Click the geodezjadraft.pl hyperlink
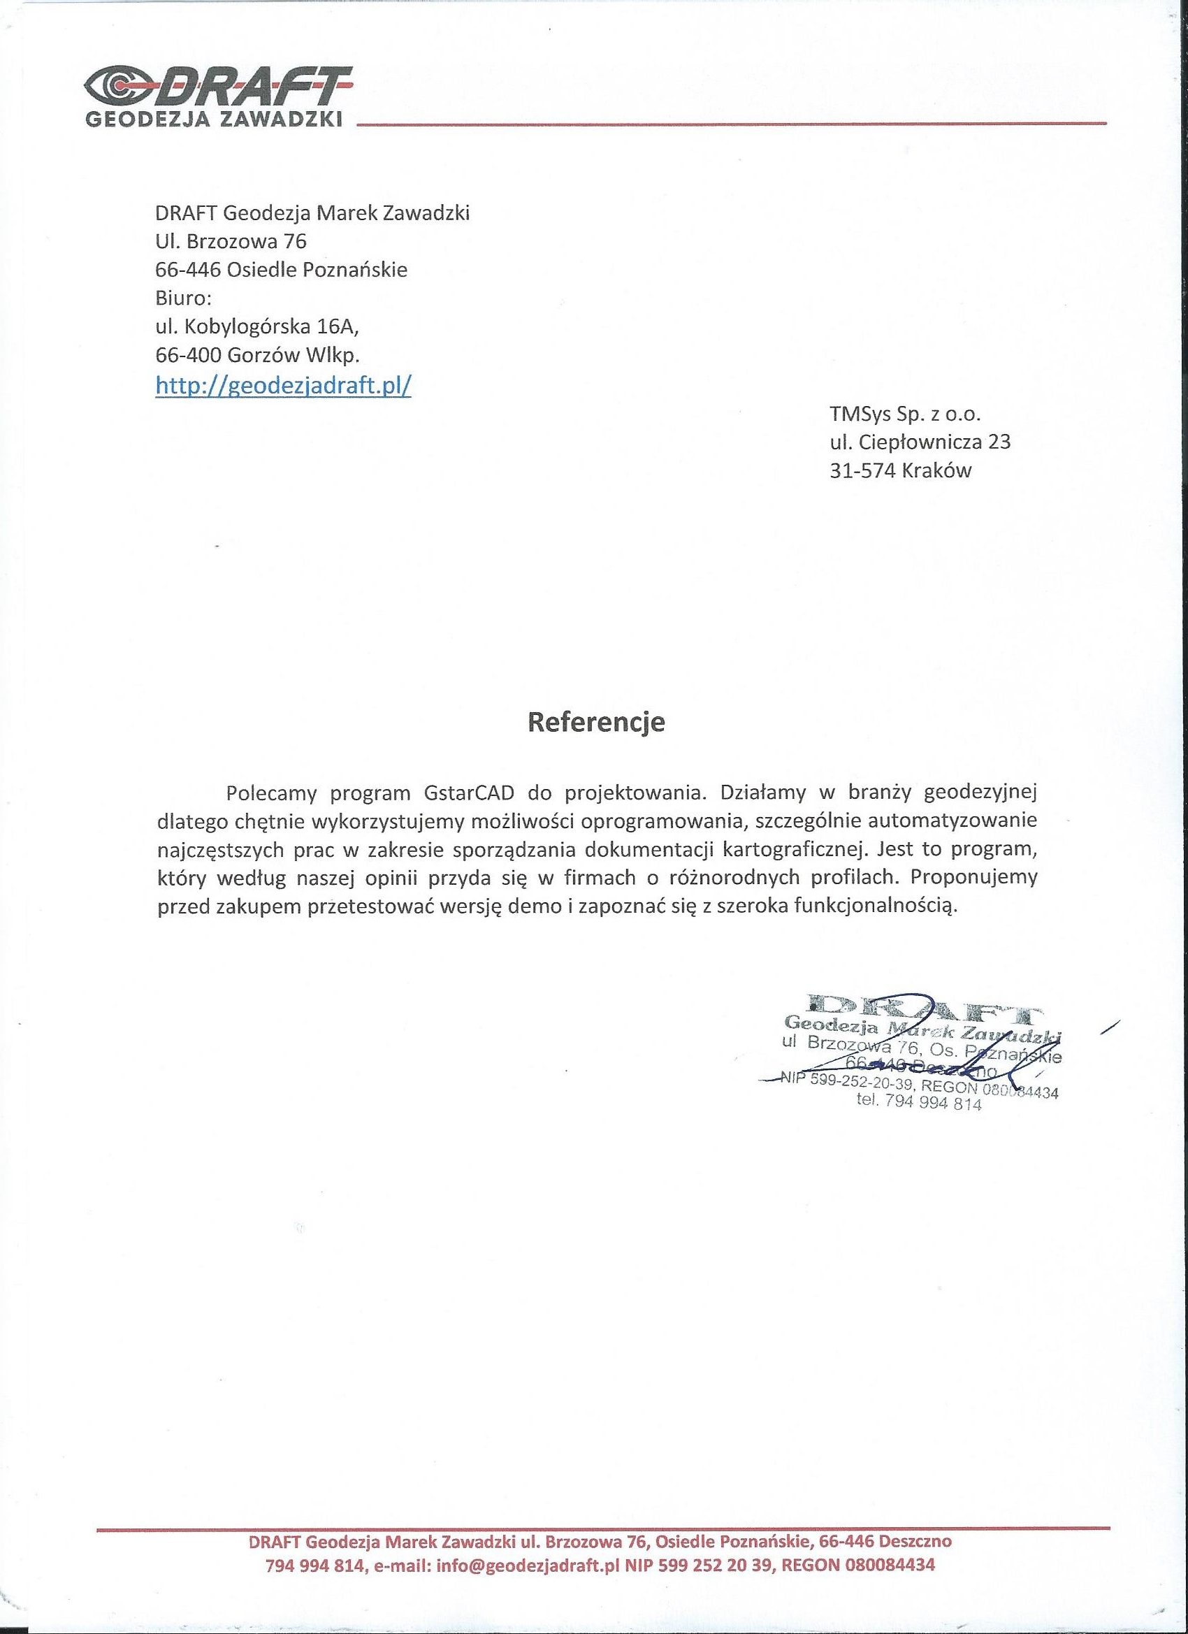click(283, 386)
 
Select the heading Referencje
click(597, 723)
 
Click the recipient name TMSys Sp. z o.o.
click(906, 414)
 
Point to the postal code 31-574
click(862, 470)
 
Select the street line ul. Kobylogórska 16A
click(256, 326)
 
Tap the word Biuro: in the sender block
click(184, 298)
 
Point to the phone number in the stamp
click(919, 1104)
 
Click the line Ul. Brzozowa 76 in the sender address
click(231, 241)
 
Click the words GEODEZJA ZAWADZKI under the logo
click(214, 121)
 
